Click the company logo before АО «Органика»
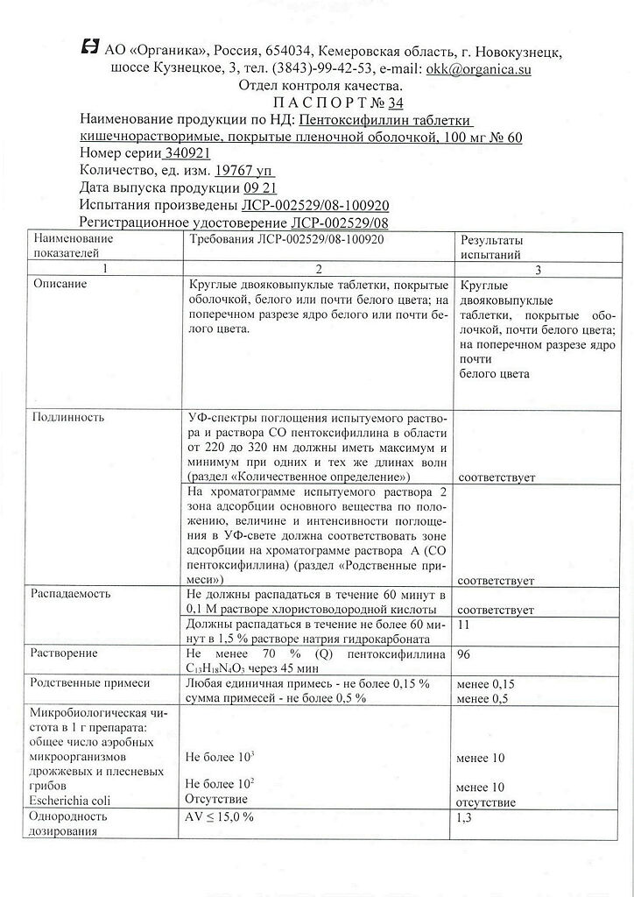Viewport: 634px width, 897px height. click(88, 49)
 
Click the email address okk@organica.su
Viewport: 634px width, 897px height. click(478, 68)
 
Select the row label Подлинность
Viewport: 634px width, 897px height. click(68, 417)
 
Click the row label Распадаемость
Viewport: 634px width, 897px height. click(72, 592)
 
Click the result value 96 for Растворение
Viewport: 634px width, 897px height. click(465, 653)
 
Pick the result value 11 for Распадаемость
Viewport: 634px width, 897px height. click(463, 625)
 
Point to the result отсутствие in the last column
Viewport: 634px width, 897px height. click(485, 802)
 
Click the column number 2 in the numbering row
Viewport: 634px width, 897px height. click(319, 268)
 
